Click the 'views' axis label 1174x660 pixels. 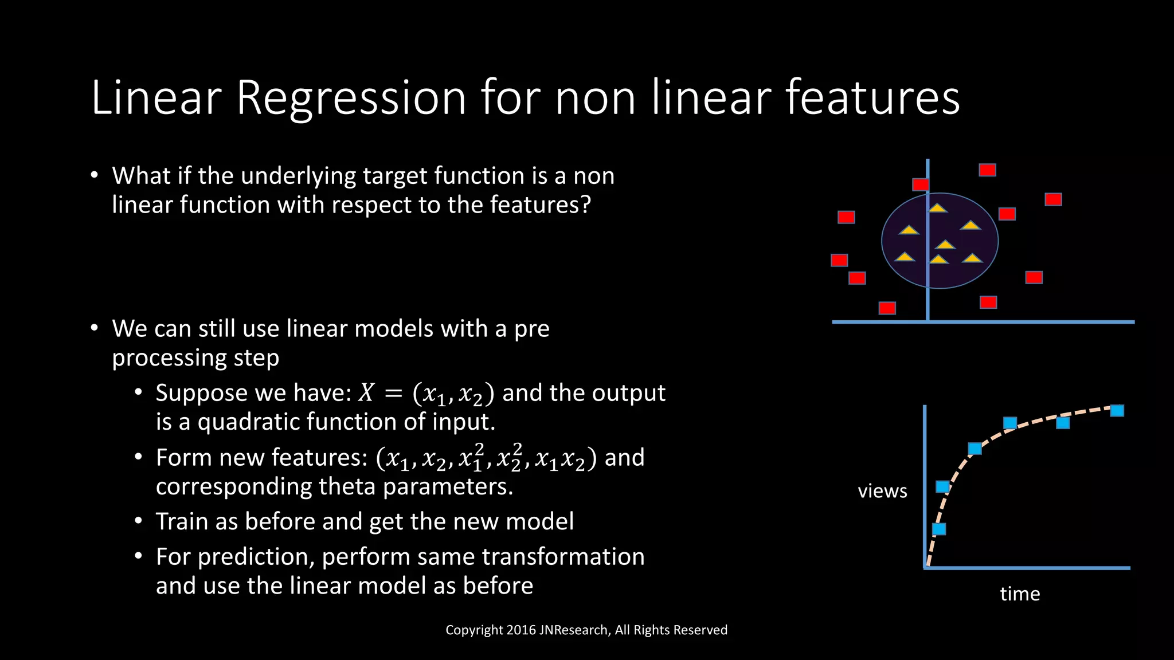pos(882,491)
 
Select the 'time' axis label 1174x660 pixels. pos(1020,594)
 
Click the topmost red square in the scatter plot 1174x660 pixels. pos(987,170)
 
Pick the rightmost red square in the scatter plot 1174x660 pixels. pos(1053,199)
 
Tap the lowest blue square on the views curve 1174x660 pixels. pos(939,529)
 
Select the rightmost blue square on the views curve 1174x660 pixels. pos(1117,411)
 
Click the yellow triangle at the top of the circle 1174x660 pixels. pos(938,208)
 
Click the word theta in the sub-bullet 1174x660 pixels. pos(347,486)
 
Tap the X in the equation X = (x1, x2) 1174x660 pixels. pos(366,393)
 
